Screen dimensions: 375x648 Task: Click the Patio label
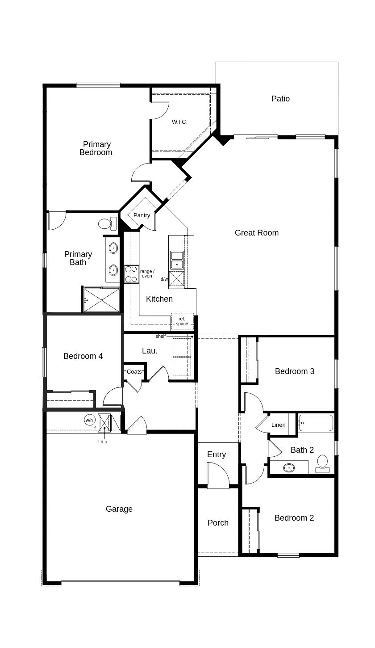[280, 99]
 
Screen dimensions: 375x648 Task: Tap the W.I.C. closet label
[179, 122]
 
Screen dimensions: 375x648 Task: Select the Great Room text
[257, 232]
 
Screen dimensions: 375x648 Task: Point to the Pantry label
[142, 215]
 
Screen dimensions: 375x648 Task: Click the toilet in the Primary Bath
[108, 223]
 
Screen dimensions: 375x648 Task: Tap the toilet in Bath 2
[322, 464]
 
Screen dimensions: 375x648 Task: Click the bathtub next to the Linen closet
[316, 423]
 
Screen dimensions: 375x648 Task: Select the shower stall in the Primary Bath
[101, 300]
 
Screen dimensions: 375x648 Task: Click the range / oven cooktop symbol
[131, 274]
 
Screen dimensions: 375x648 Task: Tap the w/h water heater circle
[89, 420]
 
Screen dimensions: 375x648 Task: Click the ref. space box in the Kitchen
[182, 321]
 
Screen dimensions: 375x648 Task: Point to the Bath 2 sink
[289, 467]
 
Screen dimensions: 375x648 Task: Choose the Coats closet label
[134, 372]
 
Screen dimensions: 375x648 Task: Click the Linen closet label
[278, 425]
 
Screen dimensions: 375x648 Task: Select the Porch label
[218, 523]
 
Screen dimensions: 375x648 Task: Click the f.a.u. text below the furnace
[103, 442]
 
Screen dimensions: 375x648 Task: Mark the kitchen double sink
[177, 260]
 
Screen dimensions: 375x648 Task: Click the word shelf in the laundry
[161, 336]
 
